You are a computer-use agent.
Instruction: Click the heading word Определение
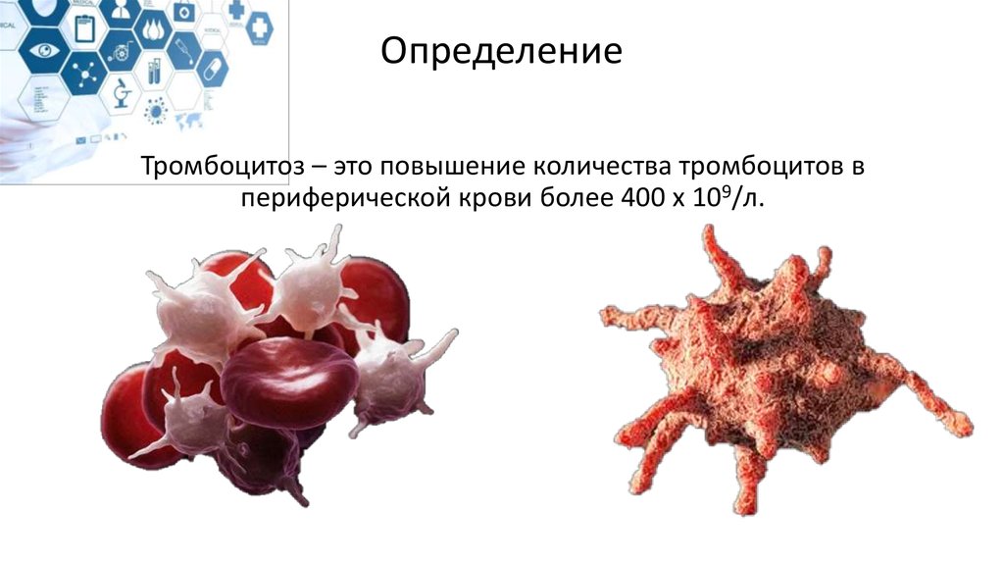coord(501,51)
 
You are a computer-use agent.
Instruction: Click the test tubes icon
coord(157,72)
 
